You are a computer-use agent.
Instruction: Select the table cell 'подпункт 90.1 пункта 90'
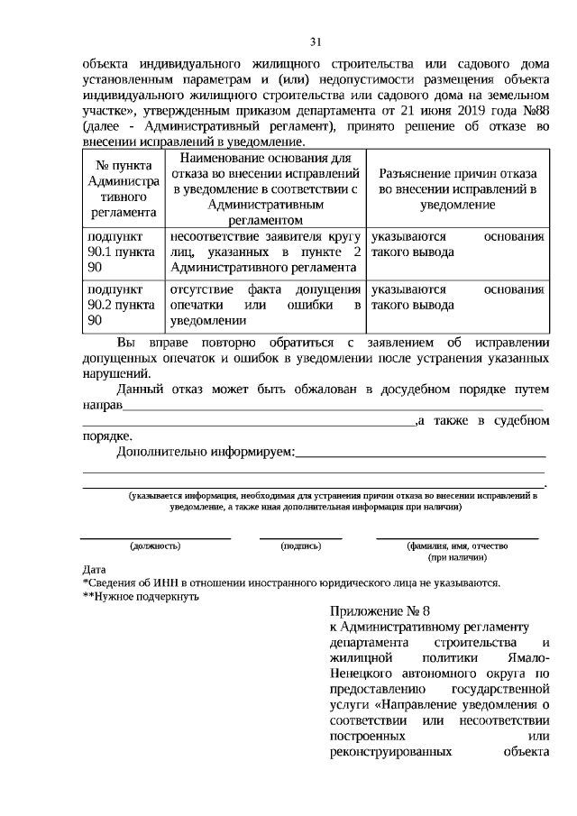pos(120,252)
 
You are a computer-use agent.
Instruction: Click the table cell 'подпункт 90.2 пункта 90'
pos(120,305)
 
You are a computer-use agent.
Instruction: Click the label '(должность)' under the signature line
pos(155,546)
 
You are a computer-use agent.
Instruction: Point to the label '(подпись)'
pos(301,546)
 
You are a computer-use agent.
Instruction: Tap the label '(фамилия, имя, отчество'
pos(458,546)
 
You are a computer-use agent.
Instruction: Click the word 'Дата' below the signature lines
pos(94,570)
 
